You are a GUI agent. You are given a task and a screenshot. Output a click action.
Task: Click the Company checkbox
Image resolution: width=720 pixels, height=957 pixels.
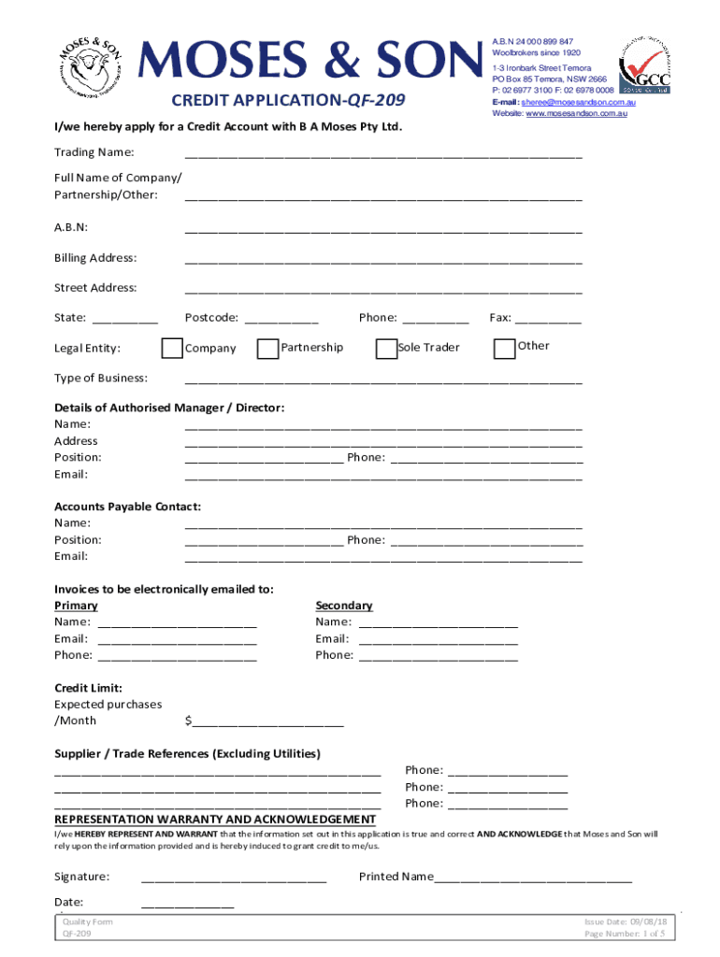[172, 349]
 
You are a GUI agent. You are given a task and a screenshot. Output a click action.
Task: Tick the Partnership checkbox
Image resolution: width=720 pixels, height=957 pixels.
[267, 349]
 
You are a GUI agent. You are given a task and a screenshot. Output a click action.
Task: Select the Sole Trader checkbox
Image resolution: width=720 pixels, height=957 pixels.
[386, 349]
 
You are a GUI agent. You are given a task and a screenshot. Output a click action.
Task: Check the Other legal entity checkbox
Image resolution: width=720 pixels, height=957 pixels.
[504, 348]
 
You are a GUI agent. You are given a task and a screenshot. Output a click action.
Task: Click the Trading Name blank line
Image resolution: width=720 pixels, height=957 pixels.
[383, 154]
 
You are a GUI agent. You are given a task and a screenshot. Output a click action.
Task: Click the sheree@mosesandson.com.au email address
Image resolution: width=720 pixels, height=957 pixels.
[580, 102]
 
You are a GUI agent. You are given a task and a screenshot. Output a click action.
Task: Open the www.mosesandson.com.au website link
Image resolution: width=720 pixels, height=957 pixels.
[576, 113]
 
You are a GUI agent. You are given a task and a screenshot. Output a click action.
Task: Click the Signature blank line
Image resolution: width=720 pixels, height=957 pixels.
[233, 878]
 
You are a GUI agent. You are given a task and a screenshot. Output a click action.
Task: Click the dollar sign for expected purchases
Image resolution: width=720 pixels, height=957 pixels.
[189, 721]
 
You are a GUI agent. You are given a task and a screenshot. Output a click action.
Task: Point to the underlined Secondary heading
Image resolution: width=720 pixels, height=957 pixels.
[344, 606]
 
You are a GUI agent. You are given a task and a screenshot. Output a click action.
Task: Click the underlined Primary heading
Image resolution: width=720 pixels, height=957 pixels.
[76, 606]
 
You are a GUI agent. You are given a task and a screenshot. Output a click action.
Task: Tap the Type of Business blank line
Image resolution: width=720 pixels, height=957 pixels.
[383, 379]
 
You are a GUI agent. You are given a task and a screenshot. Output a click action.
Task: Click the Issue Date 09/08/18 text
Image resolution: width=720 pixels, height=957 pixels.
[624, 921]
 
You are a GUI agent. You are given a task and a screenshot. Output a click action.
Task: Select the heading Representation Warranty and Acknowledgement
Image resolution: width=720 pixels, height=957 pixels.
[215, 820]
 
